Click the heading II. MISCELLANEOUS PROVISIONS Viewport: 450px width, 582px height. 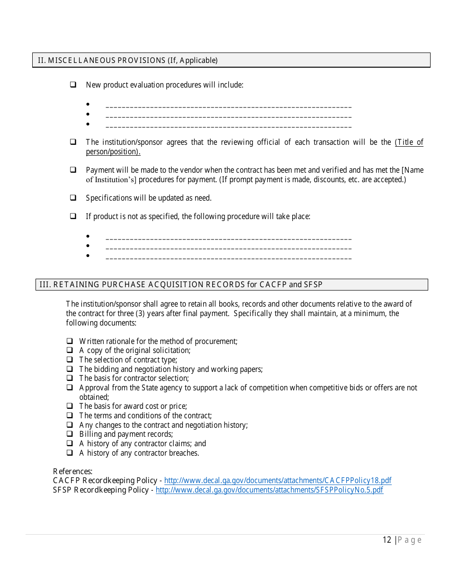pyautogui.click(x=128, y=60)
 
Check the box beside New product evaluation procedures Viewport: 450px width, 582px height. pyautogui.click(x=73, y=85)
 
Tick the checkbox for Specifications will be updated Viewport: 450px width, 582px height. pyautogui.click(x=73, y=198)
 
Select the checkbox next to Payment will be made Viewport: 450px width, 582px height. pyautogui.click(x=73, y=170)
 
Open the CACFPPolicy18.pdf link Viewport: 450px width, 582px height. pyautogui.click(x=278, y=481)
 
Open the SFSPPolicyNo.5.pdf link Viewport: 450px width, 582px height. pyautogui.click(x=269, y=490)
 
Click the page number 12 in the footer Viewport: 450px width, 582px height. pyautogui.click(x=387, y=540)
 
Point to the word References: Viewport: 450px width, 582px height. pyautogui.click(x=72, y=471)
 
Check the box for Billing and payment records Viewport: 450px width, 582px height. pyautogui.click(x=70, y=434)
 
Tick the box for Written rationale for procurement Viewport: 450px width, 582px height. pyautogui.click(x=70, y=341)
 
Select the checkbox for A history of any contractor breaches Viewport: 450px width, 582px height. pyautogui.click(x=70, y=453)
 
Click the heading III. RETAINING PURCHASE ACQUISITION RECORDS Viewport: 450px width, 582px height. pyautogui.click(x=181, y=284)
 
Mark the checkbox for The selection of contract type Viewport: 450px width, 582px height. pyautogui.click(x=70, y=360)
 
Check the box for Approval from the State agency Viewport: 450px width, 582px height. pyautogui.click(x=70, y=388)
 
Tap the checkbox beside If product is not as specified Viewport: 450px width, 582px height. pyautogui.click(x=73, y=216)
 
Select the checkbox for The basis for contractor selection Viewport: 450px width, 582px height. pyautogui.click(x=70, y=378)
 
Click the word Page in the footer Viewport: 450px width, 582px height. pyautogui.click(x=410, y=540)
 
